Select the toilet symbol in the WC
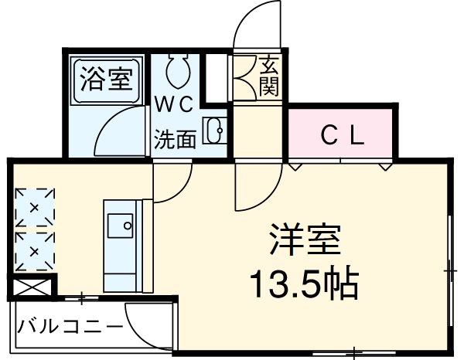click(x=177, y=71)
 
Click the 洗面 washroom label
click(x=175, y=140)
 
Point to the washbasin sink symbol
click(x=213, y=131)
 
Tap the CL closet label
click(x=343, y=136)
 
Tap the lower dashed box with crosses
click(x=35, y=251)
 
